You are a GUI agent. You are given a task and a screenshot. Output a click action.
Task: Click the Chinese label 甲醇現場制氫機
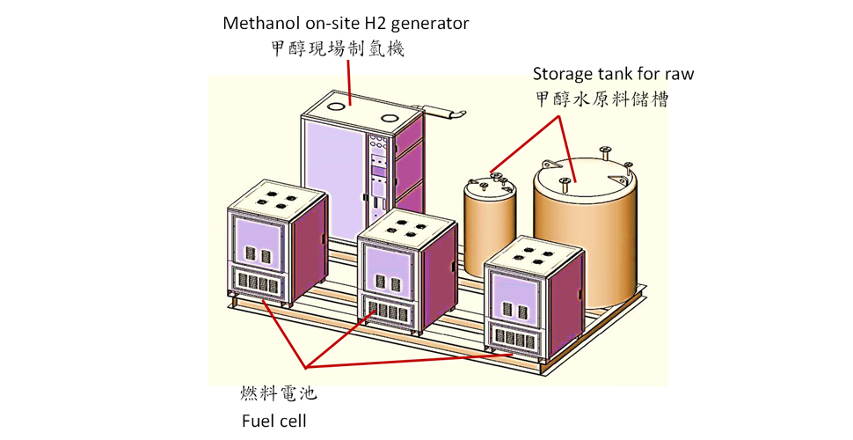coord(338,49)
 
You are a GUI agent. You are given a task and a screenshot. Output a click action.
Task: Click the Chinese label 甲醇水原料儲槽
coord(601,99)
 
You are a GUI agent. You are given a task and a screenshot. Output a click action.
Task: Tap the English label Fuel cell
coord(274,421)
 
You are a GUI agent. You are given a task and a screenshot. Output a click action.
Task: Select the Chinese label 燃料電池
coord(279,393)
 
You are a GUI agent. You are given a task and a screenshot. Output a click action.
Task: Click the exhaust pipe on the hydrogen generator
coord(440,112)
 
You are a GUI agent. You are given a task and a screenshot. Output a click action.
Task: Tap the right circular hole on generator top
coord(390,118)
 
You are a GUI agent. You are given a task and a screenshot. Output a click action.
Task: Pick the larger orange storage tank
coord(587,229)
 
